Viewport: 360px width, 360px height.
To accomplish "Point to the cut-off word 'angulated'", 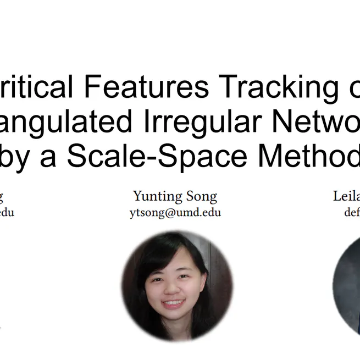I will tap(65, 121).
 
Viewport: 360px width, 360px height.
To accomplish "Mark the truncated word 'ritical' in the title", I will tap(38, 87).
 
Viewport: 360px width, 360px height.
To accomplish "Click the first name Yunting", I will tap(156, 196).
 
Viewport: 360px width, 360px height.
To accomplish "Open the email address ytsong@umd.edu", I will tap(175, 212).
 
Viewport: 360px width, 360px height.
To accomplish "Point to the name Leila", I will tap(346, 196).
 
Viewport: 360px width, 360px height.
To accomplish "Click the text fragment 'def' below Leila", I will tap(352, 212).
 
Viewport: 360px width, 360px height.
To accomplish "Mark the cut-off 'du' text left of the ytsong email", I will tap(8, 212).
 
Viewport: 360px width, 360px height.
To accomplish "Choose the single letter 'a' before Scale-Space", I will tap(53, 157).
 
